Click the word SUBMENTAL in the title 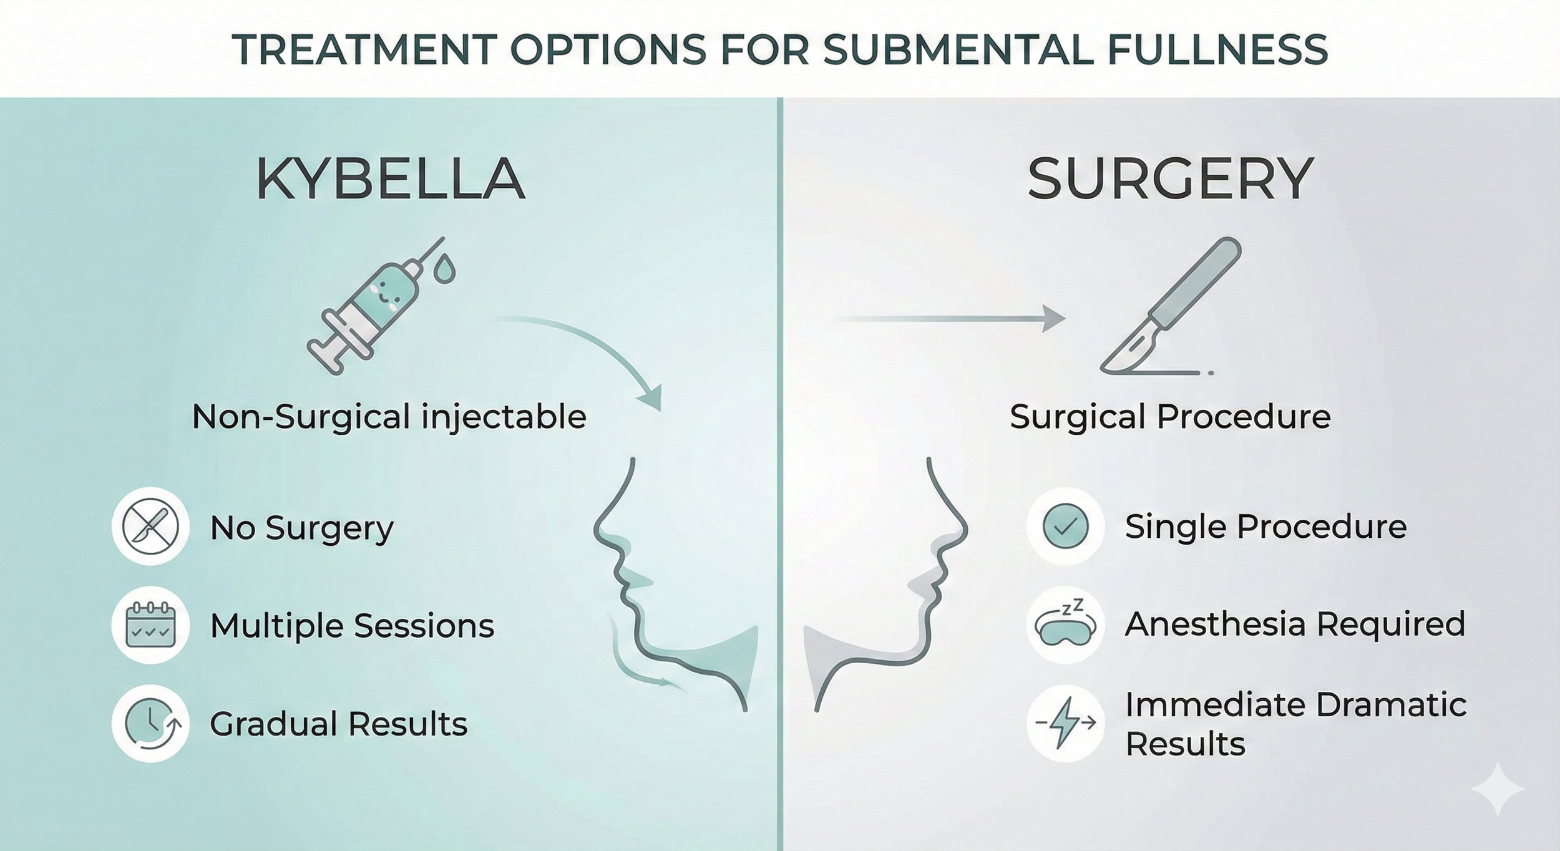(x=957, y=49)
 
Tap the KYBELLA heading (x=390, y=180)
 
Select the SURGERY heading (x=1171, y=180)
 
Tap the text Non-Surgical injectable (x=389, y=416)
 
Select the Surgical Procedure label (x=1170, y=416)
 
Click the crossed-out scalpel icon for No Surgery (x=150, y=526)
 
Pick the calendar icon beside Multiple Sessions (x=150, y=625)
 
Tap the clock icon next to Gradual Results (x=150, y=724)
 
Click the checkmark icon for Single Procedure (x=1065, y=526)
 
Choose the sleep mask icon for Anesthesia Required (x=1065, y=625)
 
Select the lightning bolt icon (x=1065, y=723)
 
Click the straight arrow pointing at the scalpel (x=948, y=319)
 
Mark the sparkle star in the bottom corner (x=1498, y=789)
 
